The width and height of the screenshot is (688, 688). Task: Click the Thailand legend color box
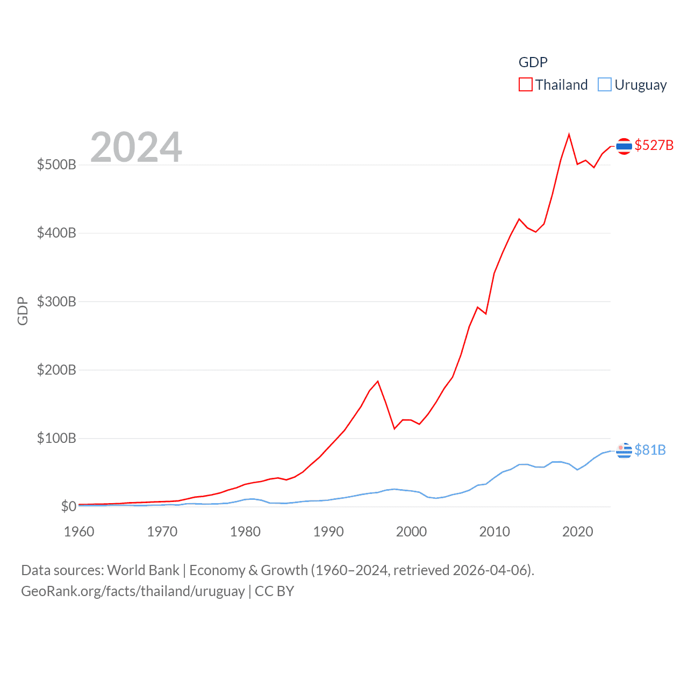(x=525, y=85)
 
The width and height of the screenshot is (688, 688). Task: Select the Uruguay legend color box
(x=605, y=85)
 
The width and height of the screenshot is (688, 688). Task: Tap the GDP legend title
(x=533, y=62)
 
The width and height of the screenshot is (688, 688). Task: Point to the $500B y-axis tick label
(x=56, y=164)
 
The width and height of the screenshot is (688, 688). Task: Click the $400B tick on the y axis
(x=56, y=233)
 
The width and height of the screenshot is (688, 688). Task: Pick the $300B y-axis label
(x=56, y=302)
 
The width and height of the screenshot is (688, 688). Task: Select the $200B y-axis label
(x=56, y=370)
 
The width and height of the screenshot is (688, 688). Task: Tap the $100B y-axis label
(x=56, y=438)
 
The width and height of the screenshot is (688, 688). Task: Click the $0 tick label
(x=68, y=506)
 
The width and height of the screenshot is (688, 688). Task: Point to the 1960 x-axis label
(x=79, y=532)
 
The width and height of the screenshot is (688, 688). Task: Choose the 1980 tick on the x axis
(x=245, y=532)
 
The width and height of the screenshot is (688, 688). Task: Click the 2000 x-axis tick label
(x=411, y=532)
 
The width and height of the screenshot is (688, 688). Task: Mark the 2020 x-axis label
(x=577, y=532)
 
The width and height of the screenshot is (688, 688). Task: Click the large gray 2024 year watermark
(x=136, y=147)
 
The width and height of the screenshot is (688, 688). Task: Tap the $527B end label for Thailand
(x=654, y=145)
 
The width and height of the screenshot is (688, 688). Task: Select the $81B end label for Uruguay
(x=650, y=450)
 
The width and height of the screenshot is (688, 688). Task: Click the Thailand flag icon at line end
(x=623, y=146)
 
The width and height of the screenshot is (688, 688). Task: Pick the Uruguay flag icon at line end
(x=623, y=450)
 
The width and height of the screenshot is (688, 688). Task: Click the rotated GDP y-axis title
(x=23, y=311)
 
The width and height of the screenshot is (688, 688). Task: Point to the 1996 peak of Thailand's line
(x=378, y=381)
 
